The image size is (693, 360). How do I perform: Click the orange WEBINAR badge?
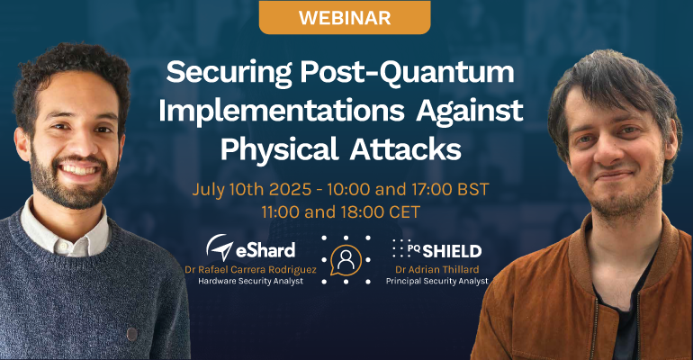(345, 18)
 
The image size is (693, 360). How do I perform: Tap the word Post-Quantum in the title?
(407, 73)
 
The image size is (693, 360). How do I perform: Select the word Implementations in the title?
(282, 111)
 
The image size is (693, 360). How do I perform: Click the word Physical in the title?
(279, 150)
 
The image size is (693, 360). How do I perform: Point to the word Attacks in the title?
(405, 149)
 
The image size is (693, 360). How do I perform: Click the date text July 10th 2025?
(252, 190)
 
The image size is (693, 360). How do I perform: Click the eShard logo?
(250, 247)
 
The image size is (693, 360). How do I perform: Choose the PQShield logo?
(436, 249)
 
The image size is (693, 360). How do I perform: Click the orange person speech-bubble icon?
(346, 260)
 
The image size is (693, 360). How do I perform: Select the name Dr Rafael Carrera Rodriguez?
(250, 269)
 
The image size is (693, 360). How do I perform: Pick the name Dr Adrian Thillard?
(437, 269)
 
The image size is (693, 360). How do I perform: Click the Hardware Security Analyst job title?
(250, 281)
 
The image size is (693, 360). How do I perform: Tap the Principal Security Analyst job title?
(437, 281)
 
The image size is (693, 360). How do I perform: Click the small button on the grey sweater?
(131, 334)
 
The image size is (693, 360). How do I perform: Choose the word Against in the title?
(470, 111)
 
